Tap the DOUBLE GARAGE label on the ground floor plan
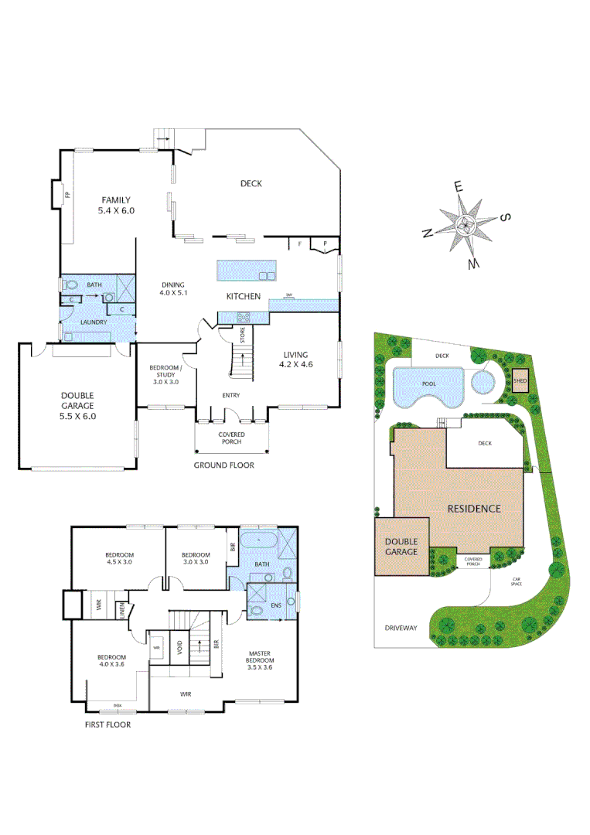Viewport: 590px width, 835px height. point(77,405)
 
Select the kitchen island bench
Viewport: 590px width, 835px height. point(246,270)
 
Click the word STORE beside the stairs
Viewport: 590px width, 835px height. point(242,336)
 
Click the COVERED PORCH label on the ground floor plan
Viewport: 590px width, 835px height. point(232,438)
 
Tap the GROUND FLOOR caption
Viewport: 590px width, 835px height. point(224,465)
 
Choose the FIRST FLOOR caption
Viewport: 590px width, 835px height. point(107,724)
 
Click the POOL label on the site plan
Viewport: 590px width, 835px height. point(428,383)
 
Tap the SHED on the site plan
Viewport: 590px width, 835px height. point(520,380)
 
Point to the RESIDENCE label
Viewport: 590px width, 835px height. point(474,509)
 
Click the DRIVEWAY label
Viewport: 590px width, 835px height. point(401,628)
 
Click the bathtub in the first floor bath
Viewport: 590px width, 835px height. point(257,538)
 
